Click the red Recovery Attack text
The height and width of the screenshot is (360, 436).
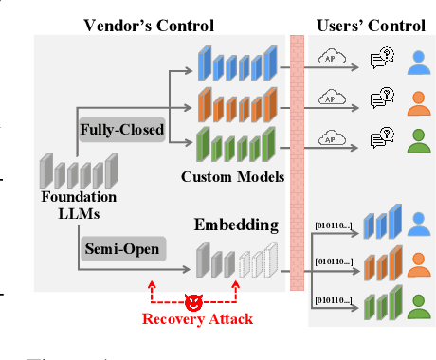pos(197,319)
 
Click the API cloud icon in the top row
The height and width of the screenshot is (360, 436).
pos(331,59)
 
